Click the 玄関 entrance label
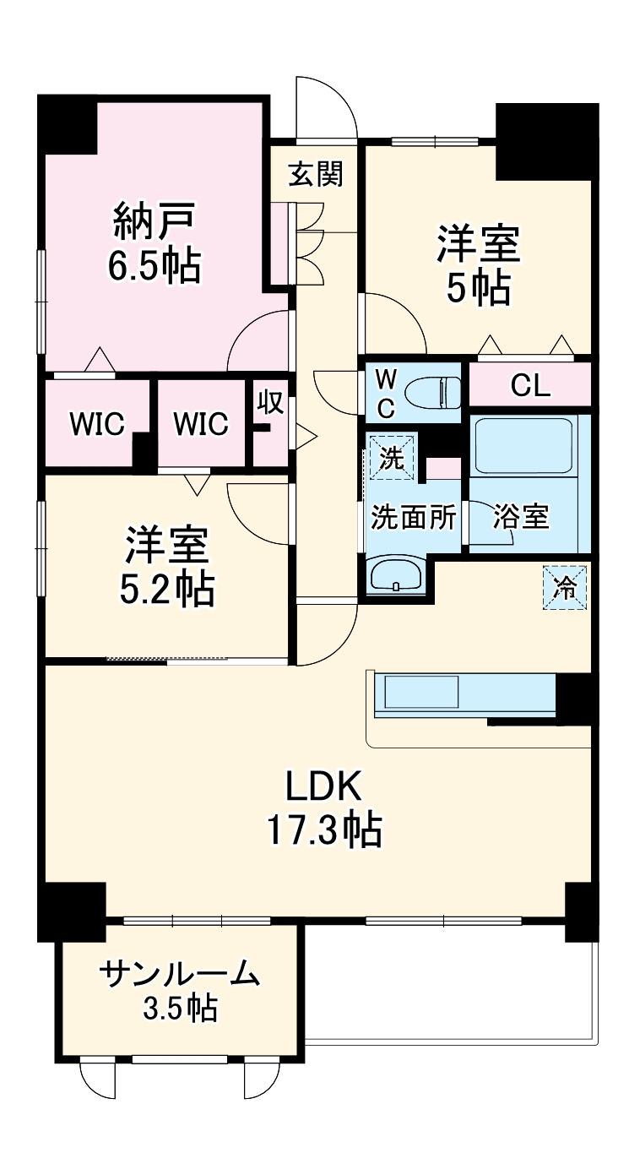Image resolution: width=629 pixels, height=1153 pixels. [315, 175]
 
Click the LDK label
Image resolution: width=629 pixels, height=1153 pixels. [323, 787]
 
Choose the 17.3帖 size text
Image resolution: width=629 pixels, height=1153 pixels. [324, 831]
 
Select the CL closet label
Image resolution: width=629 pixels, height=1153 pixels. [530, 386]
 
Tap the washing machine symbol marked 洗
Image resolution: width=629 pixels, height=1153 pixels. [391, 456]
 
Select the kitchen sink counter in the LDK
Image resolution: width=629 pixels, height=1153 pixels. [422, 693]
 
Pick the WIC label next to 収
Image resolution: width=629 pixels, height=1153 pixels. [201, 424]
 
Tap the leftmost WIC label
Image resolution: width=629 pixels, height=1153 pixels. [97, 424]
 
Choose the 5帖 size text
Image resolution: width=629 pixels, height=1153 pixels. [478, 289]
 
